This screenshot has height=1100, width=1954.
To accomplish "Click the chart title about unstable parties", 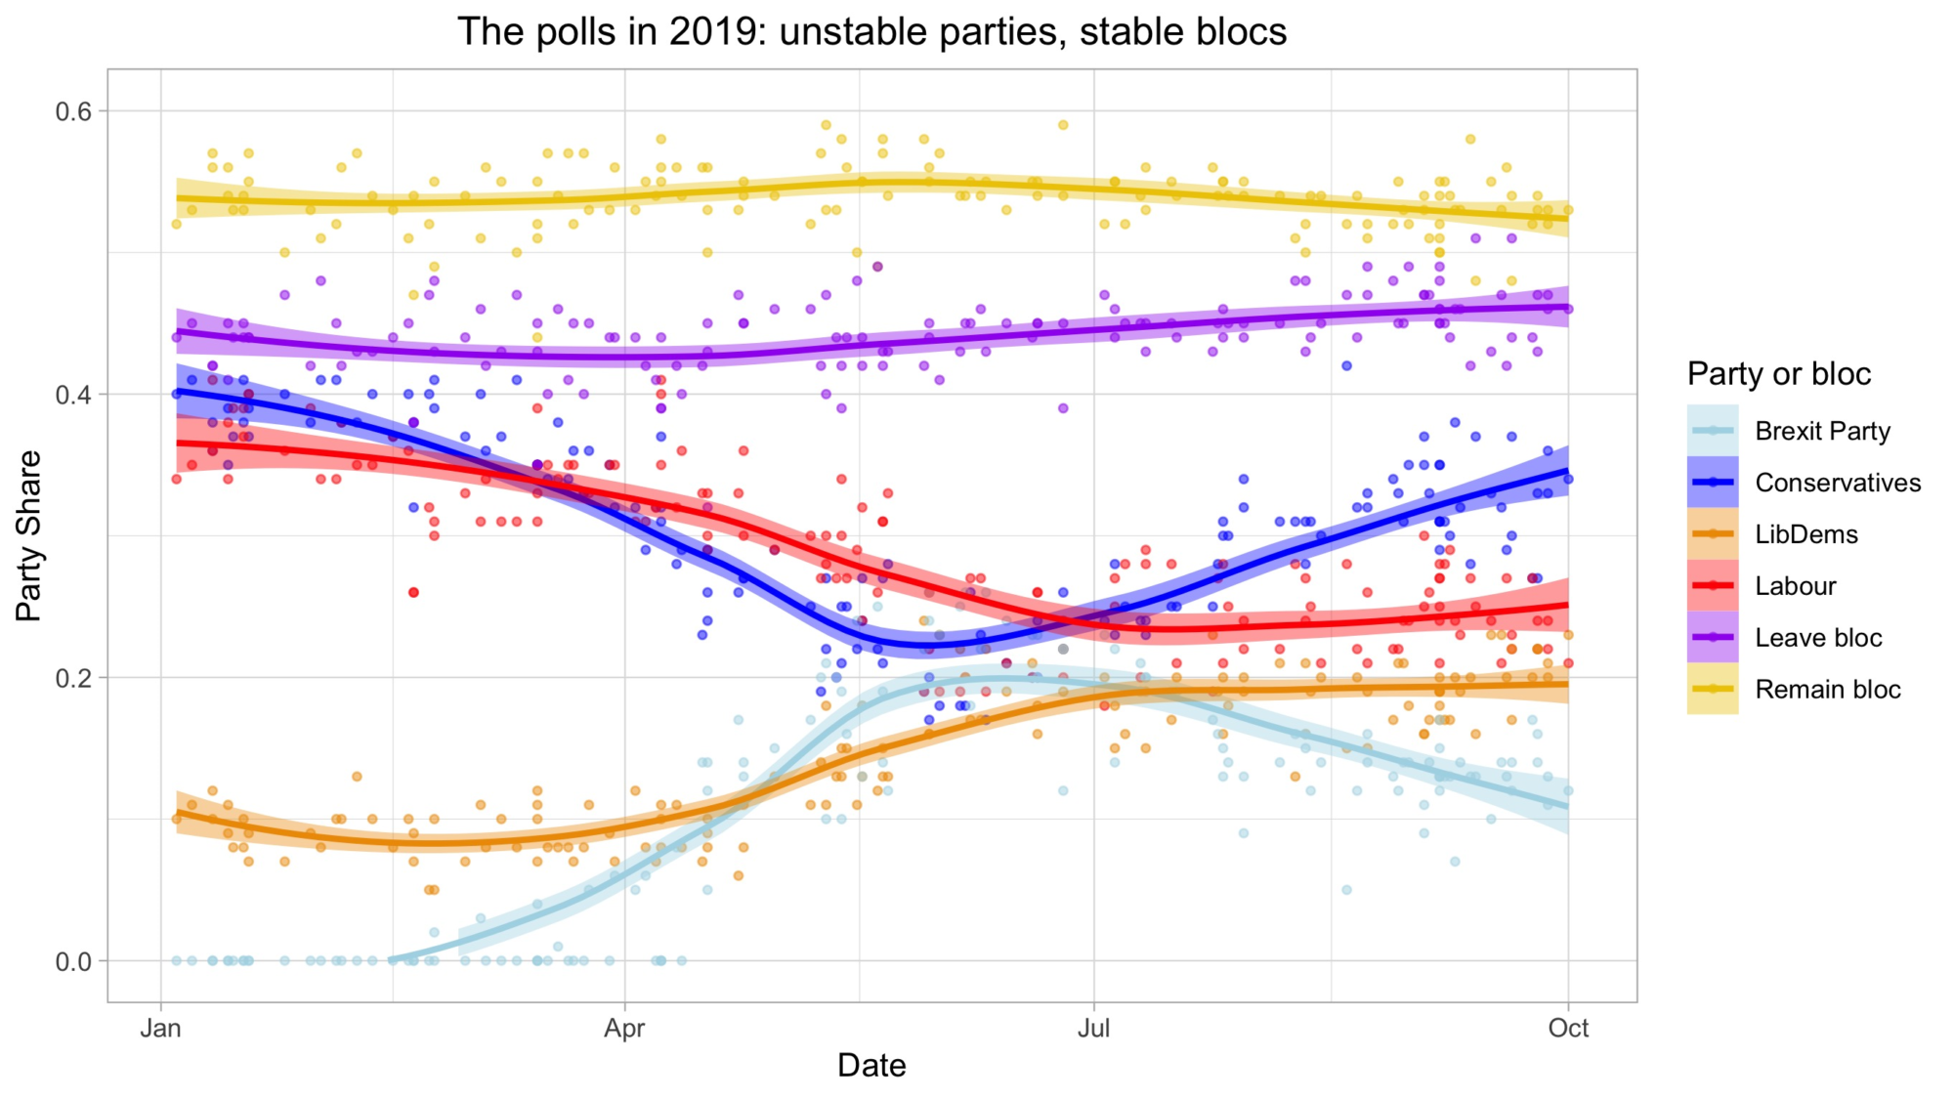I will point(871,31).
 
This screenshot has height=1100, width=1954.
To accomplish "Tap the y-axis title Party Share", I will point(29,535).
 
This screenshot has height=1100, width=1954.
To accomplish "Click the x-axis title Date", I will point(871,1065).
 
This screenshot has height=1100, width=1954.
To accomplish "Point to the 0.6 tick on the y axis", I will point(73,111).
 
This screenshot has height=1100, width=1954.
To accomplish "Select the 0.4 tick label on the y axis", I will point(73,395).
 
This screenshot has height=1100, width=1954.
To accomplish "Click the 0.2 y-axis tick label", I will point(73,678).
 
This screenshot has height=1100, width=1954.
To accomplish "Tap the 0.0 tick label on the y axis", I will point(73,961).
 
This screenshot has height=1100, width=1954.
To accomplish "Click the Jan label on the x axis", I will point(160,1028).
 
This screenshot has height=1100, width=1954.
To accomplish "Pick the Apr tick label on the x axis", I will point(624,1028).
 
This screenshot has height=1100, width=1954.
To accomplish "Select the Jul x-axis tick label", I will point(1093,1028).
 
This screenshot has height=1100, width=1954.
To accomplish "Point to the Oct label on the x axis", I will point(1568,1028).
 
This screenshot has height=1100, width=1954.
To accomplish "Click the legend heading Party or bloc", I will point(1778,374).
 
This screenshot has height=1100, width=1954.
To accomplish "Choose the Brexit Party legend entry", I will point(1822,431).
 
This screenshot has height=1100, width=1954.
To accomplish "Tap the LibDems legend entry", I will point(1805,534).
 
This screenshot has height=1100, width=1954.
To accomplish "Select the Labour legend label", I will point(1795,586).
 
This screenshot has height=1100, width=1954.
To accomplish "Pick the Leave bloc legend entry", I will point(1817,638).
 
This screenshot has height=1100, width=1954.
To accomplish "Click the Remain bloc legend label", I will point(1827,690).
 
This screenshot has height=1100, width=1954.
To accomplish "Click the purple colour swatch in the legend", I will point(1712,638).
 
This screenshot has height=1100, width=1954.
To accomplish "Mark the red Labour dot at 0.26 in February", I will point(413,593).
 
